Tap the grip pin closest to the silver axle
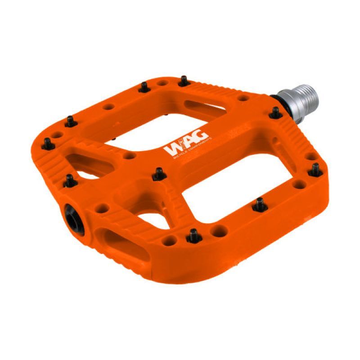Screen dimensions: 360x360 click(274, 113)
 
